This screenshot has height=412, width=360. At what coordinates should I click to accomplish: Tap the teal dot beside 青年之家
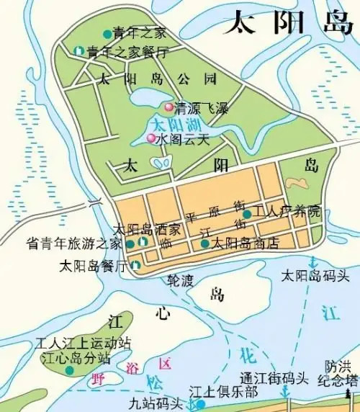click(x=107, y=33)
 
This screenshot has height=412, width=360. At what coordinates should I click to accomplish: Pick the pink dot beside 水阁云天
click(x=151, y=138)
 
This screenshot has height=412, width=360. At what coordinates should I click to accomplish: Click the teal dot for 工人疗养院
click(x=247, y=213)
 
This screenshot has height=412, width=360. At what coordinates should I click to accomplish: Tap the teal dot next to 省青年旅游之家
click(x=130, y=244)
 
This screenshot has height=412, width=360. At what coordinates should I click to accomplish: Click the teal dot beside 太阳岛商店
click(x=205, y=243)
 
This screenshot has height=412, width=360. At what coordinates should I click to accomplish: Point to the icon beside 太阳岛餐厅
click(x=135, y=265)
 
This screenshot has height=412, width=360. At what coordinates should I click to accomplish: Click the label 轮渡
click(x=179, y=279)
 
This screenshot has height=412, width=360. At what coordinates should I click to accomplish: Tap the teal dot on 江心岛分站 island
click(x=69, y=370)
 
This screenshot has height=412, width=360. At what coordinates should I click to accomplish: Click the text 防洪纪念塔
click(x=341, y=372)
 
